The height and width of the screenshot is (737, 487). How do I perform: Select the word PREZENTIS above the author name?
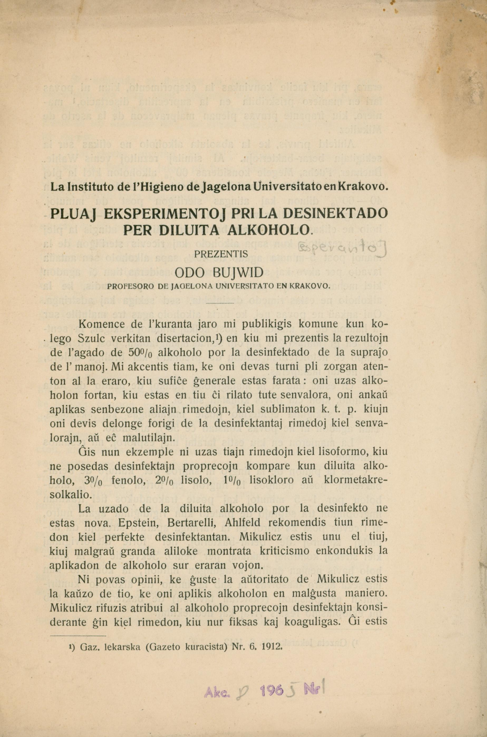pyautogui.click(x=221, y=254)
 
